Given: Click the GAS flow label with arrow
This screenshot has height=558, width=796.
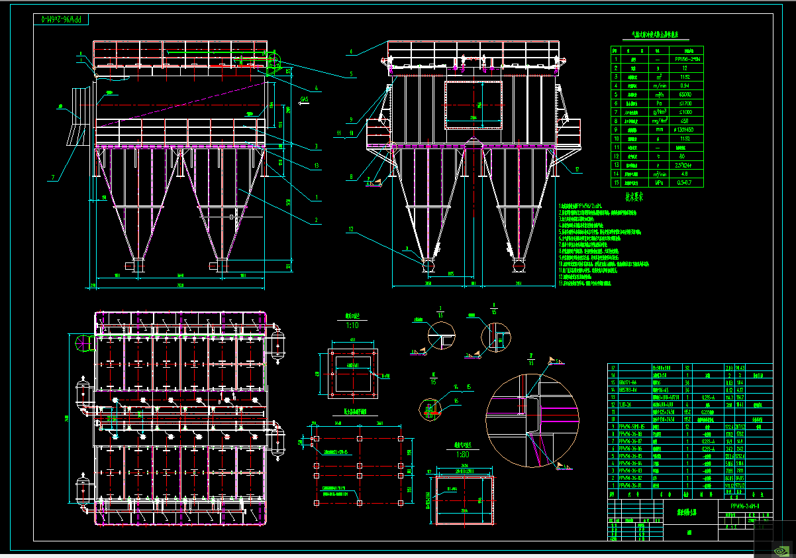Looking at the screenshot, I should coord(305,99).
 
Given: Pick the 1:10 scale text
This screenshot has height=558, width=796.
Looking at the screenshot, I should coord(352,325).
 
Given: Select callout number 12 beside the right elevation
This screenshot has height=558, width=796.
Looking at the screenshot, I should coord(352,229).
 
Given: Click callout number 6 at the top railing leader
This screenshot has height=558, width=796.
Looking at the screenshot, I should coord(351,51).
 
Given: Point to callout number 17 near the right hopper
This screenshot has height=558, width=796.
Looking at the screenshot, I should coord(577,170).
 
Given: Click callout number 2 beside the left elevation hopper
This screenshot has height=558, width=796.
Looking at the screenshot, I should coord(316,220).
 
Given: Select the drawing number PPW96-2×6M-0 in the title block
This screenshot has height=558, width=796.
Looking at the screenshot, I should coord(744,506).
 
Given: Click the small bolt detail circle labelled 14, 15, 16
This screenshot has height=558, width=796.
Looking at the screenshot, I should coord(432,408).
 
